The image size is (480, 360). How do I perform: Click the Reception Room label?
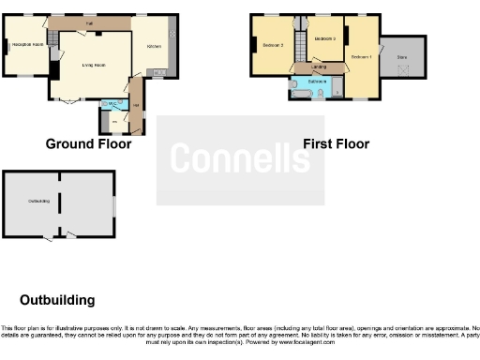[27, 44]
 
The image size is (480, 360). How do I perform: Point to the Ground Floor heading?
[88, 144]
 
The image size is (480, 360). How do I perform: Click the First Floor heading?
[336, 144]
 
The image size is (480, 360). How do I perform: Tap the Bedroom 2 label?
[324, 38]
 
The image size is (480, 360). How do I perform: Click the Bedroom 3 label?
[273, 45]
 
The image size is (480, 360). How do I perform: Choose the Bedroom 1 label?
[361, 57]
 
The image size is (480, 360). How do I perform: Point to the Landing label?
[307, 67]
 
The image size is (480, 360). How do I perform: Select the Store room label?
[402, 57]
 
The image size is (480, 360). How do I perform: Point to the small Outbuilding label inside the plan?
[38, 201]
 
